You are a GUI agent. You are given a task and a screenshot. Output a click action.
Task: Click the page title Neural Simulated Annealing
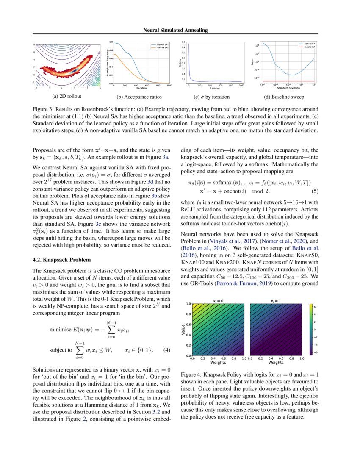180,30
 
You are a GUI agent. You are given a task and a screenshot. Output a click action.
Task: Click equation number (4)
166,350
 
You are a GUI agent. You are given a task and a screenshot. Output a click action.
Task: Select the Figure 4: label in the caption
191,375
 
